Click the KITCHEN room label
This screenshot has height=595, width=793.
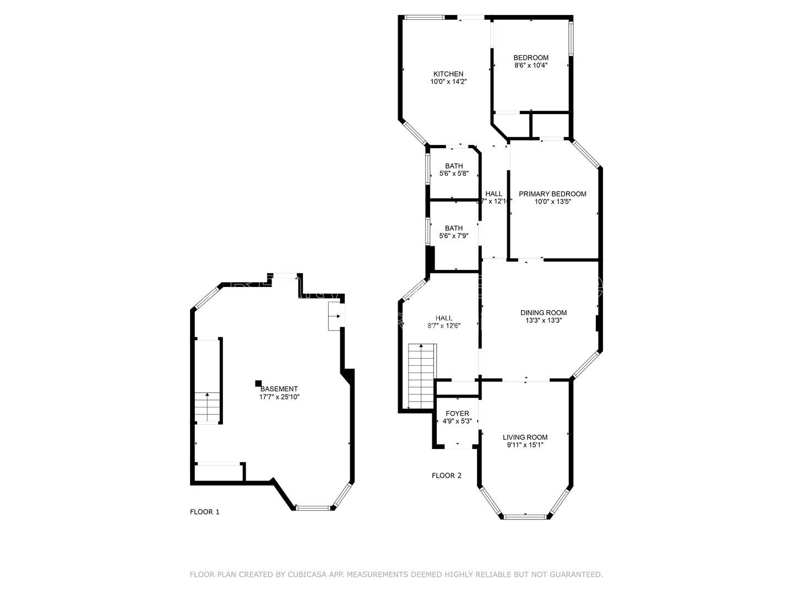[448, 74]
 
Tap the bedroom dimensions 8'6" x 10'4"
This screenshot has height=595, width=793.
[531, 66]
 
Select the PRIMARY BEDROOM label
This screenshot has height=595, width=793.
[552, 194]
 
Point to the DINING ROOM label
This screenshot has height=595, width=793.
[544, 313]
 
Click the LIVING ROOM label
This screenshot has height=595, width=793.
[525, 437]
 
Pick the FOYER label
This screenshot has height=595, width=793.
[457, 414]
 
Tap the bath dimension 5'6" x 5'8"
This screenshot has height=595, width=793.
[454, 174]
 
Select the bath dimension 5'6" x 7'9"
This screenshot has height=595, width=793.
[454, 236]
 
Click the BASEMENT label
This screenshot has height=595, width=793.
[279, 389]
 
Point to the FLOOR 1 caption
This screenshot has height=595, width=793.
[205, 512]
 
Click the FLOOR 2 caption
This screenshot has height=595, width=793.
[447, 475]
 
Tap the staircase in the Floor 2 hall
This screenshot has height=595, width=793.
[421, 376]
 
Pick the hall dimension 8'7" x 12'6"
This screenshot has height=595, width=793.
[444, 326]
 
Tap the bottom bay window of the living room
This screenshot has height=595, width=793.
[525, 516]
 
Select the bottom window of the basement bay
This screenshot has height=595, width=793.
[314, 507]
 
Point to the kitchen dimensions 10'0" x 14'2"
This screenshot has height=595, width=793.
[448, 82]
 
